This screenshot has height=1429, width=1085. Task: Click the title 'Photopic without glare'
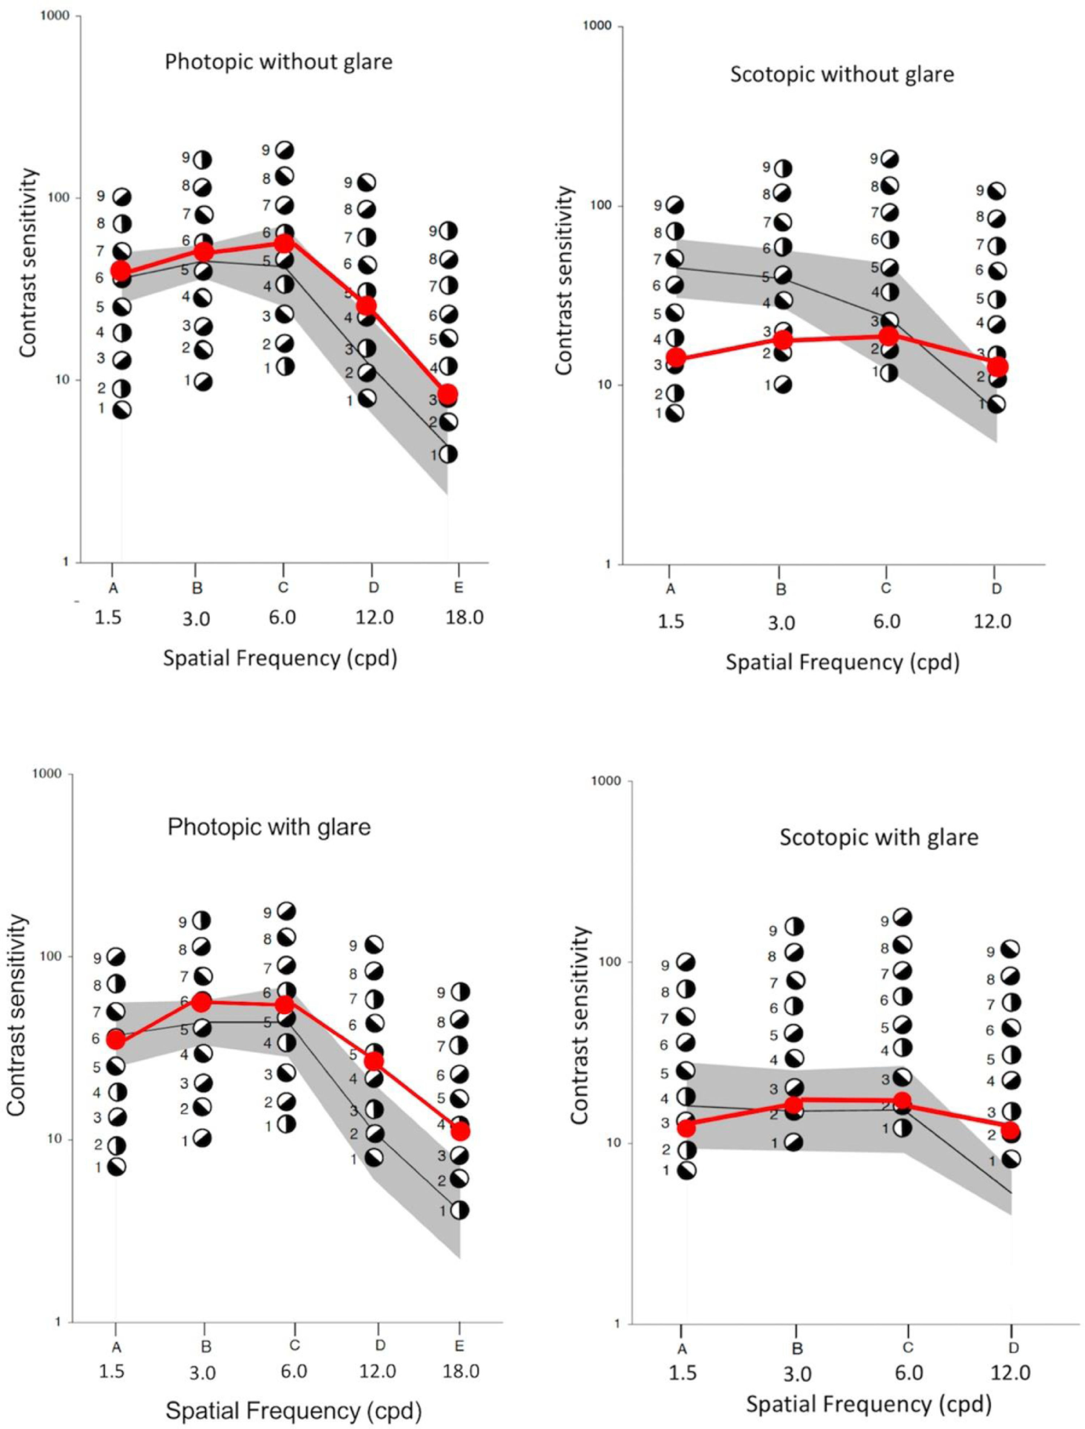pos(278,62)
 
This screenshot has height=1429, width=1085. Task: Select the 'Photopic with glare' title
pos(269,827)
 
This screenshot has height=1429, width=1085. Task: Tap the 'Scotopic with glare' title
pos(878,837)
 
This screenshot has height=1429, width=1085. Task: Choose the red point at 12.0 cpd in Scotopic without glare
pos(998,366)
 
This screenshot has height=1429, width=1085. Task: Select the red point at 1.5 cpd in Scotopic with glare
pos(686,1127)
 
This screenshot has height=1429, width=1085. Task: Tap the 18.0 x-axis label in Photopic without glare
pos(464,618)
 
